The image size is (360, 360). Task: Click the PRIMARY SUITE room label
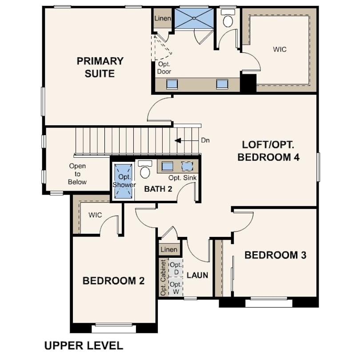click(100, 67)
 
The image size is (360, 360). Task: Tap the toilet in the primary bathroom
click(228, 18)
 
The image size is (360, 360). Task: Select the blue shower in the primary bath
click(194, 18)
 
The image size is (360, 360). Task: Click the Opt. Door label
click(164, 68)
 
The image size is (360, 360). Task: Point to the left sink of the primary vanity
click(172, 84)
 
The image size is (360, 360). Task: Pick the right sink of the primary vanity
click(222, 84)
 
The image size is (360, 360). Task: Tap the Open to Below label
click(77, 174)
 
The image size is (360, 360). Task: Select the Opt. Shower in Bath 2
click(124, 181)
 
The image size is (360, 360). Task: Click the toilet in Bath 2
click(145, 169)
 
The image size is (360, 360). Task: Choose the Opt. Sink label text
click(183, 177)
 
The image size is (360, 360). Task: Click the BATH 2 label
click(158, 189)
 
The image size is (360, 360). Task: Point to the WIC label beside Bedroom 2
click(95, 215)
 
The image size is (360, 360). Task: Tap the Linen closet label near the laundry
click(169, 250)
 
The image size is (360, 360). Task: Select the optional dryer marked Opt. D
click(176, 268)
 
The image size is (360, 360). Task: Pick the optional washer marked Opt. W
click(176, 287)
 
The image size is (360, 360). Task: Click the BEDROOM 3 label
click(276, 255)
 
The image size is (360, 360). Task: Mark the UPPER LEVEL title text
click(84, 346)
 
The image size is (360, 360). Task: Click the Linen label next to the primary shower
click(163, 18)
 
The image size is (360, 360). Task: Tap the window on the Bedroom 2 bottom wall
click(114, 328)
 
